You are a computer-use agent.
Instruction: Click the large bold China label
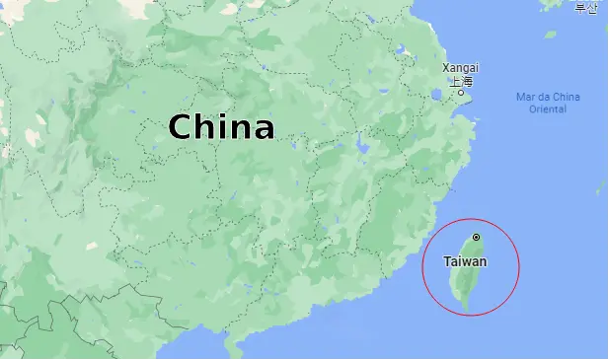point(221,127)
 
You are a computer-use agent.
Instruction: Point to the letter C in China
point(180,127)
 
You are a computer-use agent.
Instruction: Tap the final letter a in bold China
point(263,129)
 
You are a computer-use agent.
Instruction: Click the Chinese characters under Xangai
point(462,81)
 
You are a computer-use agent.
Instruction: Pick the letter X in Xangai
point(445,68)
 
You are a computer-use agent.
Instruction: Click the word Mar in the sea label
point(525,97)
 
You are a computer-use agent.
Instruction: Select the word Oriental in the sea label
point(548,108)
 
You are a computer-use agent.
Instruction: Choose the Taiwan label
point(465,261)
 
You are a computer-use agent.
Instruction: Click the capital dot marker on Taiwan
point(476,237)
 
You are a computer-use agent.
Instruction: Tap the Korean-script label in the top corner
point(586,8)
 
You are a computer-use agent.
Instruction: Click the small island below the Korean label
point(550,35)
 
